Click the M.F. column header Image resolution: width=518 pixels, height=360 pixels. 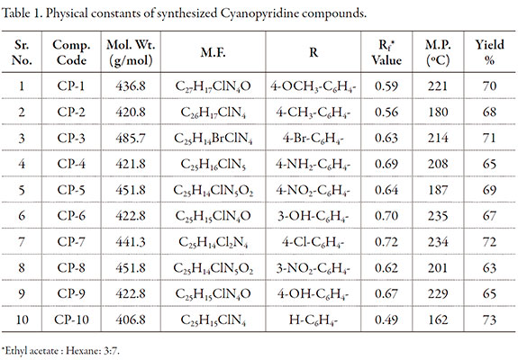tap(214, 52)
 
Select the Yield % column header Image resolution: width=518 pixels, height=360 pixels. tap(489, 52)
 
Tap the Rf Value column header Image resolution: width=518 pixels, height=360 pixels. tap(386, 52)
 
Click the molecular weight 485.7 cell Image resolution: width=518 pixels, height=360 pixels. tap(131, 138)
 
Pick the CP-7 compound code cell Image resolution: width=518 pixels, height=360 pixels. tap(71, 242)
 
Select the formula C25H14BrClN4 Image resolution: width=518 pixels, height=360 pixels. tap(214, 139)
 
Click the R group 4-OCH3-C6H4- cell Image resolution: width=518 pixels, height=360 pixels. tap(314, 86)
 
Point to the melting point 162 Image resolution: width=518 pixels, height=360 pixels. tap(438, 319)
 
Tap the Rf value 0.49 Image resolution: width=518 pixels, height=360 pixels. tap(386, 319)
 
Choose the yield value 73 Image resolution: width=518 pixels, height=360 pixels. tap(489, 319)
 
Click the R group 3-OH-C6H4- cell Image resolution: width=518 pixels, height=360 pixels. tap(314, 217)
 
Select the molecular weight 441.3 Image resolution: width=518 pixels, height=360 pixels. tap(131, 242)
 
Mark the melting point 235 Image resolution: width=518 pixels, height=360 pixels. tap(438, 216)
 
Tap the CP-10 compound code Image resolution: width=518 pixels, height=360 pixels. tap(72, 319)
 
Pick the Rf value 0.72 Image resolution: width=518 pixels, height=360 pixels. tap(386, 242)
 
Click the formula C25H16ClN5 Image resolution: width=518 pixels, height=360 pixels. tap(214, 165)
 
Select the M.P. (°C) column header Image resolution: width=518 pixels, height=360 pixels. tap(438, 52)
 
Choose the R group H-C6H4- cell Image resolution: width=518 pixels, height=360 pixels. tap(314, 320)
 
